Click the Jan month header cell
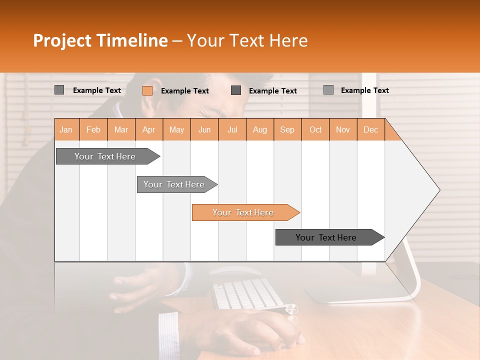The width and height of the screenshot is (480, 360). tap(66, 129)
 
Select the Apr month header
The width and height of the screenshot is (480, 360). tap(149, 129)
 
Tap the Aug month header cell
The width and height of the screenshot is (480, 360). tap(260, 129)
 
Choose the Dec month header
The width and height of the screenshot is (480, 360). tap(371, 129)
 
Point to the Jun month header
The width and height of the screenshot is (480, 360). tap(204, 129)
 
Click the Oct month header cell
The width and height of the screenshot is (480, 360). tap(315, 129)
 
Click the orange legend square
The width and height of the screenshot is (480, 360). tap(147, 90)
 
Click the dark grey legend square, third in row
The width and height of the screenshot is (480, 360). tap(236, 90)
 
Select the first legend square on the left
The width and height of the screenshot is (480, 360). tap(59, 90)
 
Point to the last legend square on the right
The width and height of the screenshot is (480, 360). tap(328, 90)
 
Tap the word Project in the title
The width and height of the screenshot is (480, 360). tap(61, 40)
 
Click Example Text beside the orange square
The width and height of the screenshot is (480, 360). tap(184, 90)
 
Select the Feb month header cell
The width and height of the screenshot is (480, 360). tap(93, 129)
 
